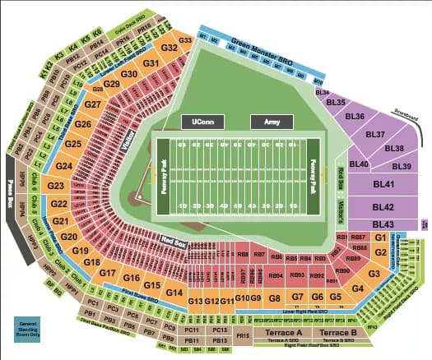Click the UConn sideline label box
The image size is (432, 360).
coord(201,121)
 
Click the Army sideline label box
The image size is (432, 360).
coord(271,121)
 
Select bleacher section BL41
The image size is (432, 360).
coord(383,185)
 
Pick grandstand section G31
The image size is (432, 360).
coord(151,63)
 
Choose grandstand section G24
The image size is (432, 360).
coord(64,166)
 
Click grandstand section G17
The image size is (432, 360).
coord(108,272)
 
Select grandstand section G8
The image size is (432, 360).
coord(275,297)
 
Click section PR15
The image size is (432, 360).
coord(242,335)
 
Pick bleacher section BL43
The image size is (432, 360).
coord(383,224)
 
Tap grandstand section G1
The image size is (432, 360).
coord(380,237)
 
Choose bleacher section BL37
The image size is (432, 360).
coord(375,134)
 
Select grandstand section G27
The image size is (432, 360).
coord(92,105)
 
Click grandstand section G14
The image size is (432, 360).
coord(173,292)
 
